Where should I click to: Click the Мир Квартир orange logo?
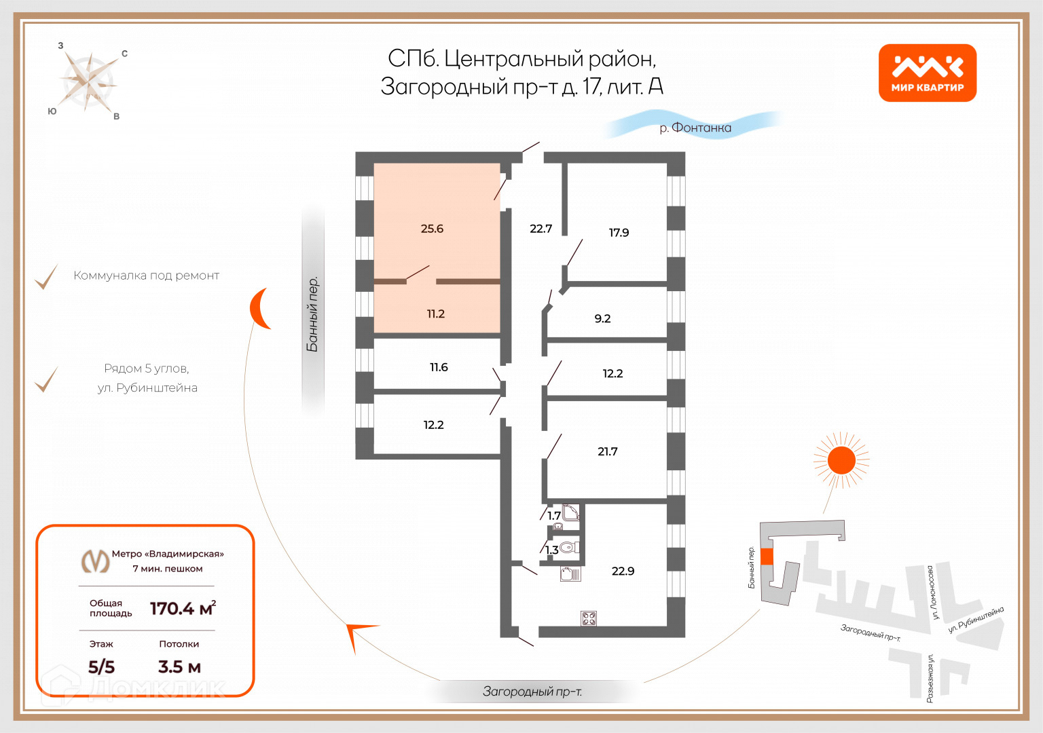pos(927,73)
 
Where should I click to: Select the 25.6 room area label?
pos(432,229)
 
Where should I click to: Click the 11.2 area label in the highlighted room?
pos(436,314)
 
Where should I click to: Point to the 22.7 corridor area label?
pos(541,229)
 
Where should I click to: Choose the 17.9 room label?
pos(619,233)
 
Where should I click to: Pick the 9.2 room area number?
pos(602,318)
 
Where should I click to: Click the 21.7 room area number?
pos(608,451)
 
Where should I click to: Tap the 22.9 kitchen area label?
pos(623,571)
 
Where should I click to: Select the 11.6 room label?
pos(439,367)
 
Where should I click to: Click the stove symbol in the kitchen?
pos(589,618)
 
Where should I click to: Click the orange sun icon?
pos(841,461)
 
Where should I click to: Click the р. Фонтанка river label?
pos(695,128)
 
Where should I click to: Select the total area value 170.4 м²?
pos(183,608)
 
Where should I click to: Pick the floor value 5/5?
pos(101,666)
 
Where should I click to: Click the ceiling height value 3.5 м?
pos(179,666)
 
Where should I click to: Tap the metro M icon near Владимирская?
pos(95,561)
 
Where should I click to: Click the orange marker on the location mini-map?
pos(767,557)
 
